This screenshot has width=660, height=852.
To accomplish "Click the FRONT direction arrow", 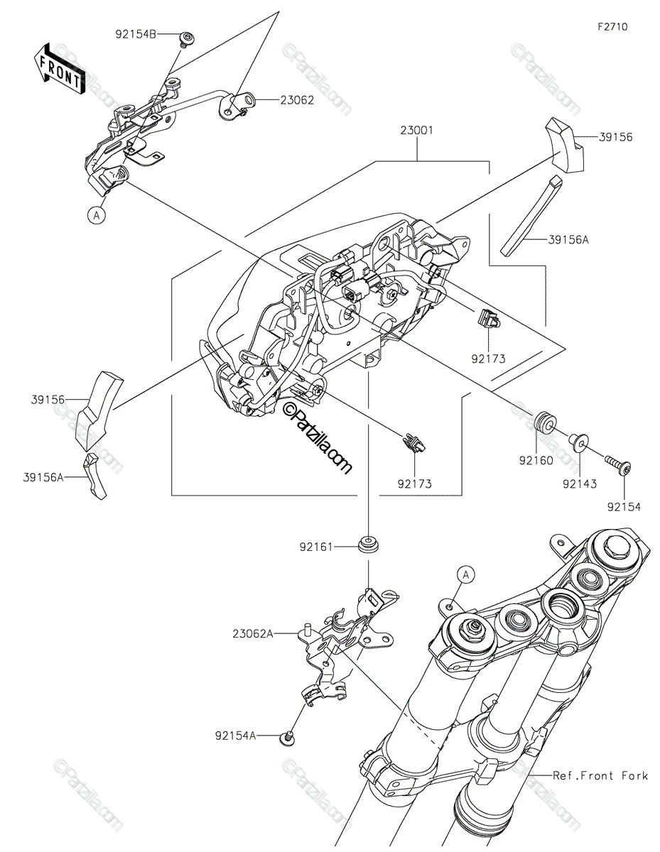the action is (x=59, y=68).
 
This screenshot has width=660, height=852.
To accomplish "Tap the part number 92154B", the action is (x=136, y=35).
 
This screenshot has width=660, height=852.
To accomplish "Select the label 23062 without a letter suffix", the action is (x=297, y=100).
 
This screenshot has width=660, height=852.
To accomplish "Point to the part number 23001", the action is (x=416, y=130).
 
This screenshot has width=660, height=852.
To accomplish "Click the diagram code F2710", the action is (x=612, y=27).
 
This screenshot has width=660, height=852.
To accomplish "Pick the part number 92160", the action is (x=536, y=461).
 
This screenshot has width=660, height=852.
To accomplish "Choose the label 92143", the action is (x=580, y=484).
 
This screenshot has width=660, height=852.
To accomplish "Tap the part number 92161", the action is (x=316, y=547).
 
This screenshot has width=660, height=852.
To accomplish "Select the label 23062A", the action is (x=252, y=634).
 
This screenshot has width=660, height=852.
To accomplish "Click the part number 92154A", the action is (x=235, y=736).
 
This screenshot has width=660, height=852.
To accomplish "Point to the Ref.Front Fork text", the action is (x=600, y=775).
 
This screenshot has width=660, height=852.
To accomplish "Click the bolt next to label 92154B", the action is (x=188, y=40).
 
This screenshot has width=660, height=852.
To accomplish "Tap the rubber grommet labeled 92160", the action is (x=545, y=422).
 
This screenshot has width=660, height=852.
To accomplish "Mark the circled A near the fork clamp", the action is (x=465, y=575).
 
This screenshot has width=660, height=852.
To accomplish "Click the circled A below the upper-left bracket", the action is (x=97, y=215).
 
